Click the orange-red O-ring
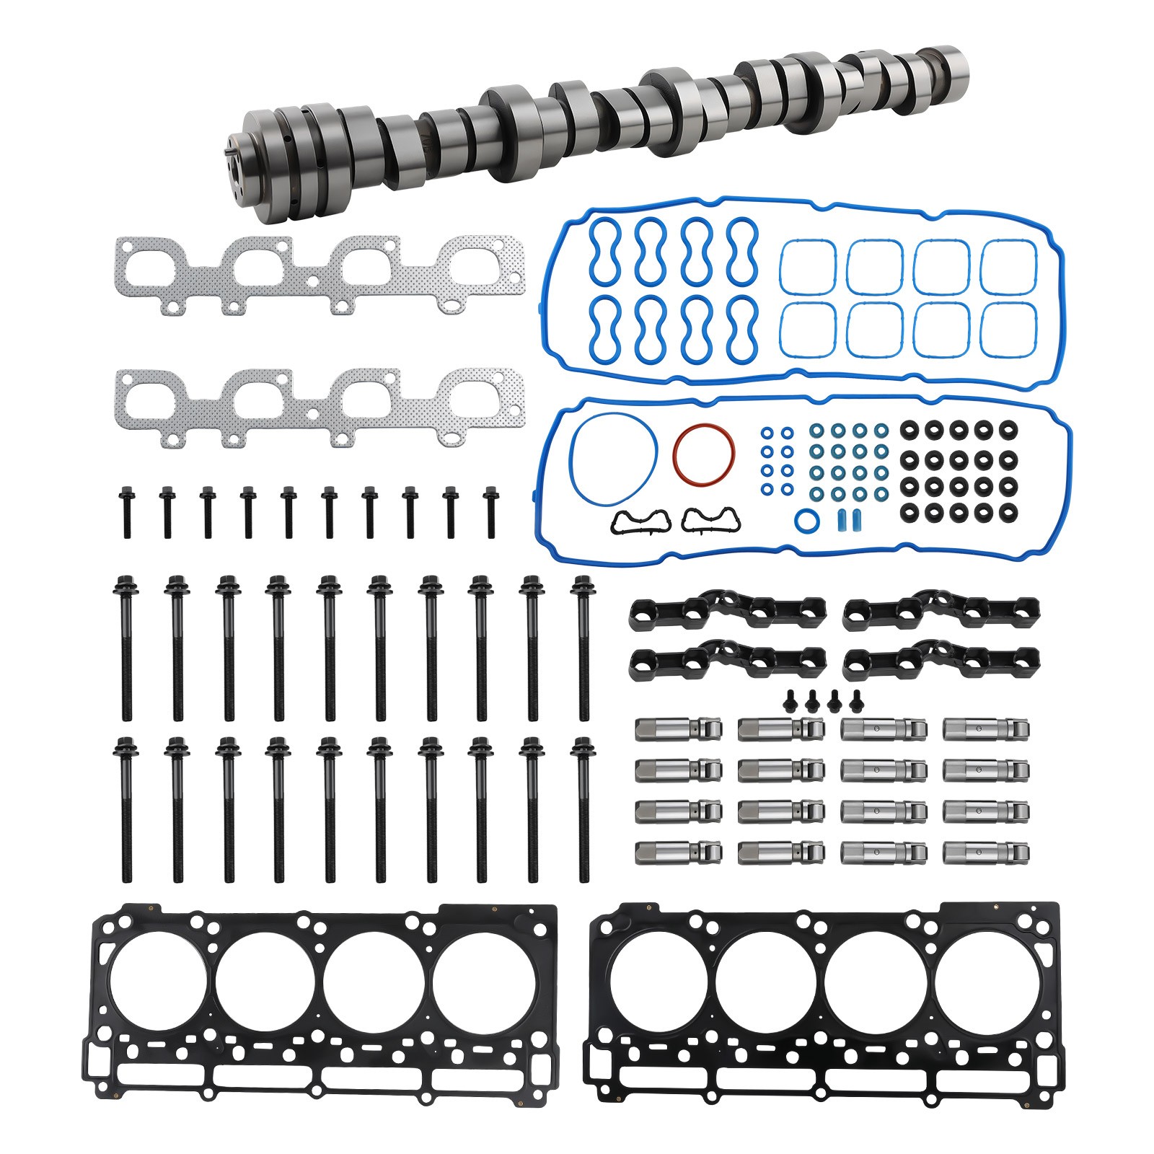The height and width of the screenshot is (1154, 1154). (x=704, y=426)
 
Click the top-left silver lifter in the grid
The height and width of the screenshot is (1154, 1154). (x=678, y=728)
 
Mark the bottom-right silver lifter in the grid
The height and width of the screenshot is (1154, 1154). (x=986, y=853)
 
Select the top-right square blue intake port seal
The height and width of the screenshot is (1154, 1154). (x=1008, y=266)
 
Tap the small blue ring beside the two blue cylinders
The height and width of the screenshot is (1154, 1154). (x=805, y=519)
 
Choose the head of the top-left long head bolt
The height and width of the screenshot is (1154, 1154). (x=123, y=583)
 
